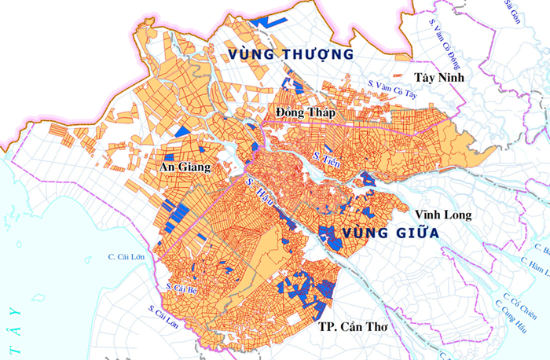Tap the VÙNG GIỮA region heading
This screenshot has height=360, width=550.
point(379,233)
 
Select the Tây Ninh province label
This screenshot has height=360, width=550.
point(439,77)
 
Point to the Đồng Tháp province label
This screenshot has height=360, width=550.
point(306,113)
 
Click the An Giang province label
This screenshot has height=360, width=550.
point(185,167)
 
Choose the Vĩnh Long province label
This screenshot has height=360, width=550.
point(442,214)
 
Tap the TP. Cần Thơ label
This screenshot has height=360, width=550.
point(350,325)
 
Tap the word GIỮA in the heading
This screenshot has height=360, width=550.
point(413,233)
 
